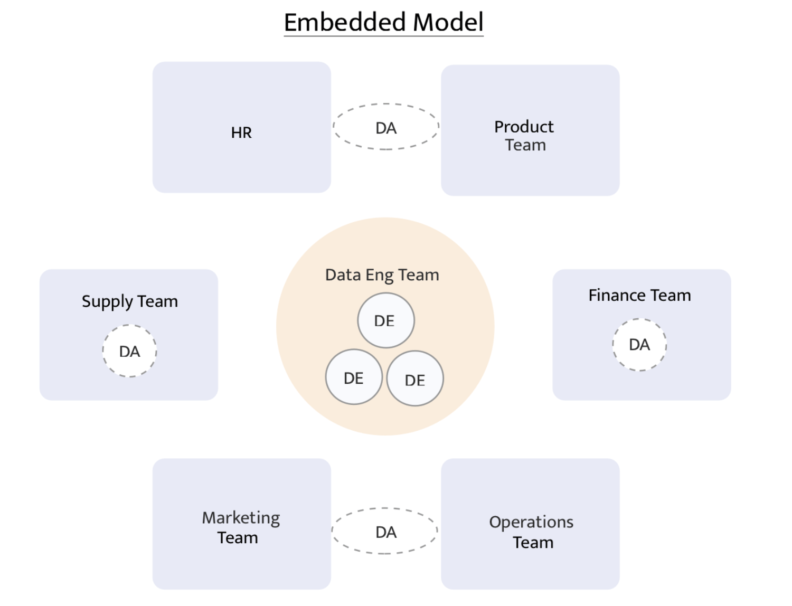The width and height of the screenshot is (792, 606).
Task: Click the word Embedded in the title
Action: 344,22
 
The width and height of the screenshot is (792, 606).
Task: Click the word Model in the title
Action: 448,22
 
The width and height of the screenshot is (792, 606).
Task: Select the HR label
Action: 241,132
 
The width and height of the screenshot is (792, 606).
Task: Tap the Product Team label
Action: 524,136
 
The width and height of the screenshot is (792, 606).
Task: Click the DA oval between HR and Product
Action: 386,127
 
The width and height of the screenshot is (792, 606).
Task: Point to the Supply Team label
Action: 129,301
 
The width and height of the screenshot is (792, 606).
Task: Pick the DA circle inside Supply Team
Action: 129,351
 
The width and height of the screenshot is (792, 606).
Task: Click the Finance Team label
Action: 639,295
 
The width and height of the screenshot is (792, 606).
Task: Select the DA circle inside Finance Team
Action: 639,345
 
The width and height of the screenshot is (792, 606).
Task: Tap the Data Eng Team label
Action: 382,275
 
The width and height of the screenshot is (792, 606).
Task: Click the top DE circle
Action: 386,321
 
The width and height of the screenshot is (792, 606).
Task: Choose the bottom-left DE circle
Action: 354,377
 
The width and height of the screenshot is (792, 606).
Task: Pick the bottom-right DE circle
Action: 415,379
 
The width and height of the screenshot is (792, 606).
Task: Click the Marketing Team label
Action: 240,527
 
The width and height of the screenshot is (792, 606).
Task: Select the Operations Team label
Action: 531,532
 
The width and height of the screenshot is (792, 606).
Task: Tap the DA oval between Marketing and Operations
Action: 385,532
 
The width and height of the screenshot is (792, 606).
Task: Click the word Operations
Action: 531,522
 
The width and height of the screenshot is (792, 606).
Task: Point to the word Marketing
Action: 241,518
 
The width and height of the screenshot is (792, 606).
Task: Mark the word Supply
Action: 107,301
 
